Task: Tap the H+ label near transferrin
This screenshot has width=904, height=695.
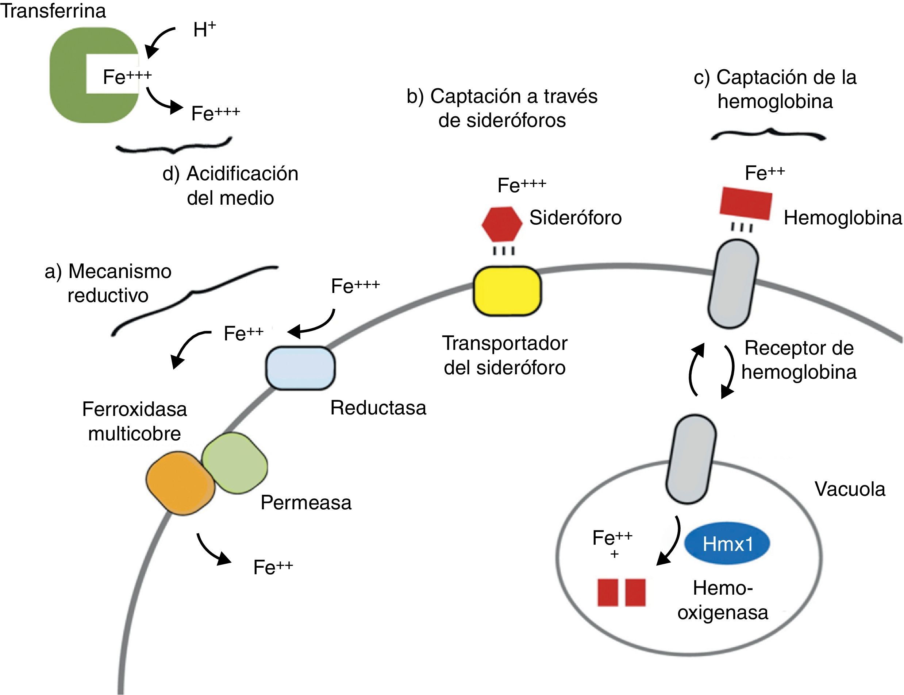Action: click(204, 30)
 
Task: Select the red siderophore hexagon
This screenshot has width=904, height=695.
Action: click(502, 224)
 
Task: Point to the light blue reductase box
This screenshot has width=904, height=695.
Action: click(300, 368)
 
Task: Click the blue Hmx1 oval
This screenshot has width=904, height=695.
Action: click(727, 544)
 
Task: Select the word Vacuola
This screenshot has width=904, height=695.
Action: click(850, 489)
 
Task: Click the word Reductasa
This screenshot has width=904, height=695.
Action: click(378, 408)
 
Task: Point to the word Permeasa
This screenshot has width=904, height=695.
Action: click(306, 503)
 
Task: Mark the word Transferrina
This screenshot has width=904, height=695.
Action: click(53, 11)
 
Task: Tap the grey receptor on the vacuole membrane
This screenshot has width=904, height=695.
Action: click(691, 459)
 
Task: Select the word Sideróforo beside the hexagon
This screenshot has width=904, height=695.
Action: click(576, 217)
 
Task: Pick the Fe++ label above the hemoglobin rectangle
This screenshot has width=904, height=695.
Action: click(765, 173)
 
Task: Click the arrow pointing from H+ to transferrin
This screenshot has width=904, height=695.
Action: click(157, 41)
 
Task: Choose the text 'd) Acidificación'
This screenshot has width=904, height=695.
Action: click(230, 174)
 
